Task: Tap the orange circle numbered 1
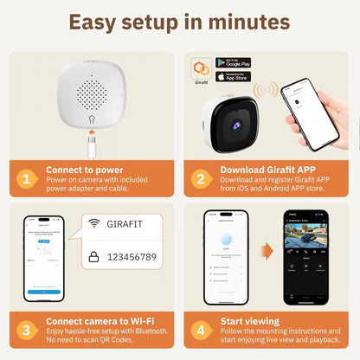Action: [x=29, y=179]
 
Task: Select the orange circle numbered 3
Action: [x=29, y=329]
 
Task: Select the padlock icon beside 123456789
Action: [x=93, y=257]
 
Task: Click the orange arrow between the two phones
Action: [x=267, y=252]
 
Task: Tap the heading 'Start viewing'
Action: [x=249, y=323]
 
